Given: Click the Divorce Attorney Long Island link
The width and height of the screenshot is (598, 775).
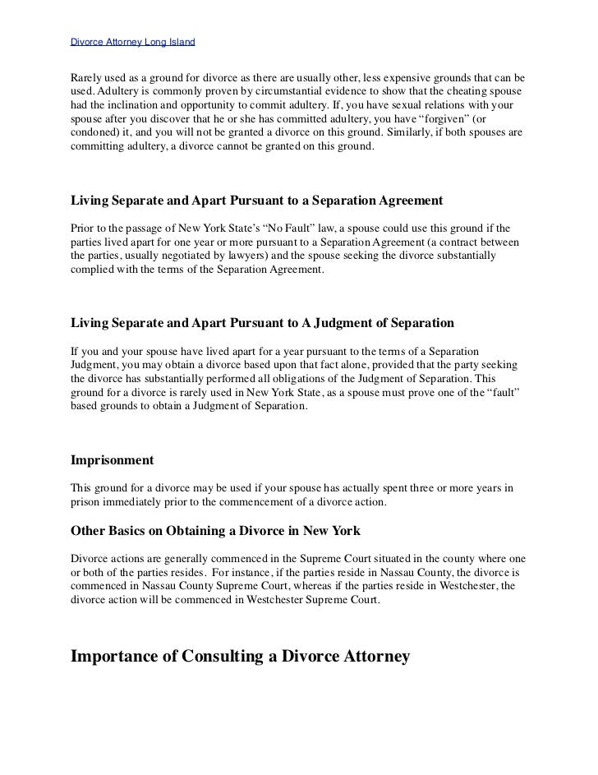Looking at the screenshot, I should point(132,41).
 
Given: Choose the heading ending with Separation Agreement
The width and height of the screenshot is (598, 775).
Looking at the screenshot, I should point(258,200).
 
